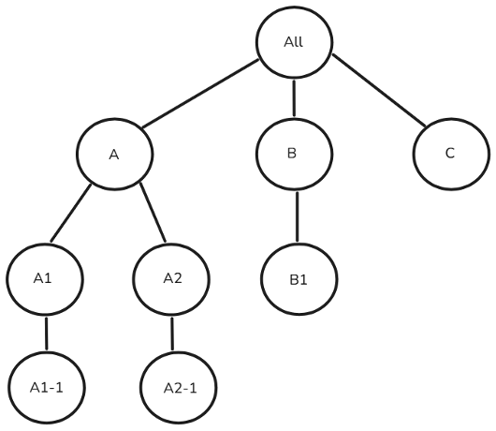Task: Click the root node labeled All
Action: (293, 43)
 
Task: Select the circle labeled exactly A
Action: (113, 154)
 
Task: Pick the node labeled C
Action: (450, 154)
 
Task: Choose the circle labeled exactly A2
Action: (172, 278)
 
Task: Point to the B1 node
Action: (298, 278)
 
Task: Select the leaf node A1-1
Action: (45, 385)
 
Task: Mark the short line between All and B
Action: (294, 98)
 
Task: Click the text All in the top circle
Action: (293, 43)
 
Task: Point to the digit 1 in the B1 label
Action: (303, 278)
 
